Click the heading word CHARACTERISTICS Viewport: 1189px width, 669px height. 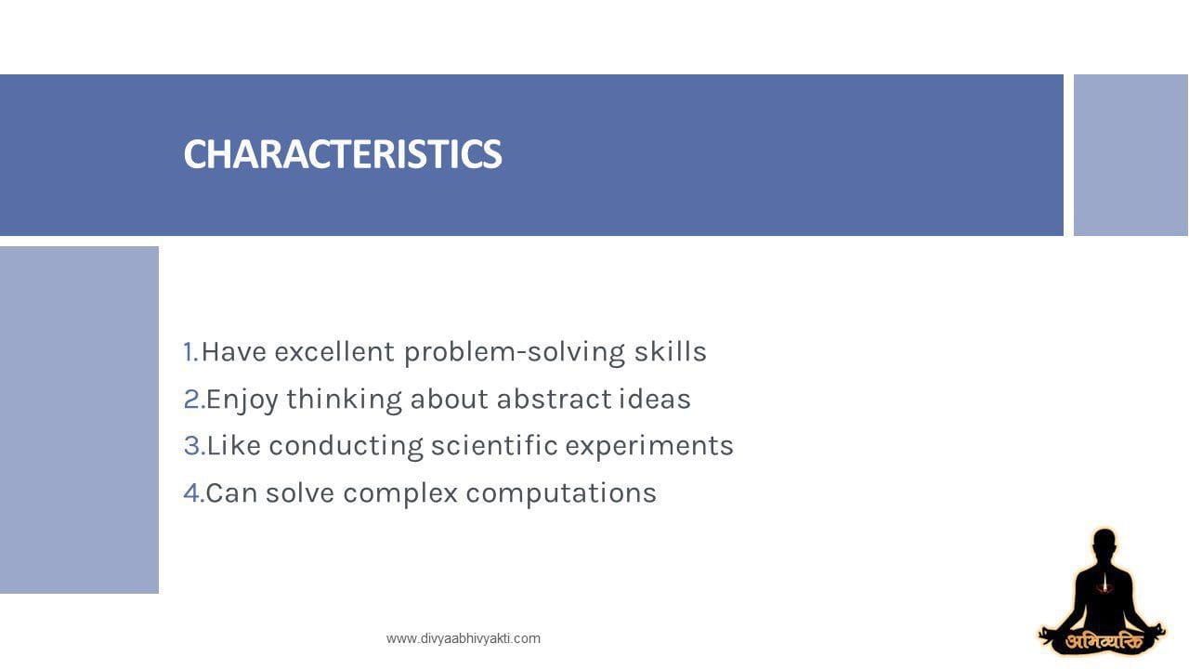coord(342,154)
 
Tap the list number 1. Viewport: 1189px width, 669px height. coord(190,352)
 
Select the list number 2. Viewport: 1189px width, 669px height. coord(193,400)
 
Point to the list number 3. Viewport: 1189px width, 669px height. coord(193,446)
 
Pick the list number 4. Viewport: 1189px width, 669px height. coord(193,493)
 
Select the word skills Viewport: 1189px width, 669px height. coord(670,352)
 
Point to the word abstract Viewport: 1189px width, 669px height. coord(554,400)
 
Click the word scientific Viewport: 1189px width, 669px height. coord(493,446)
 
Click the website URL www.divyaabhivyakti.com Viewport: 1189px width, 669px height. coord(463,638)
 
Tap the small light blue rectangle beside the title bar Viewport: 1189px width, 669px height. coord(1130,155)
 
